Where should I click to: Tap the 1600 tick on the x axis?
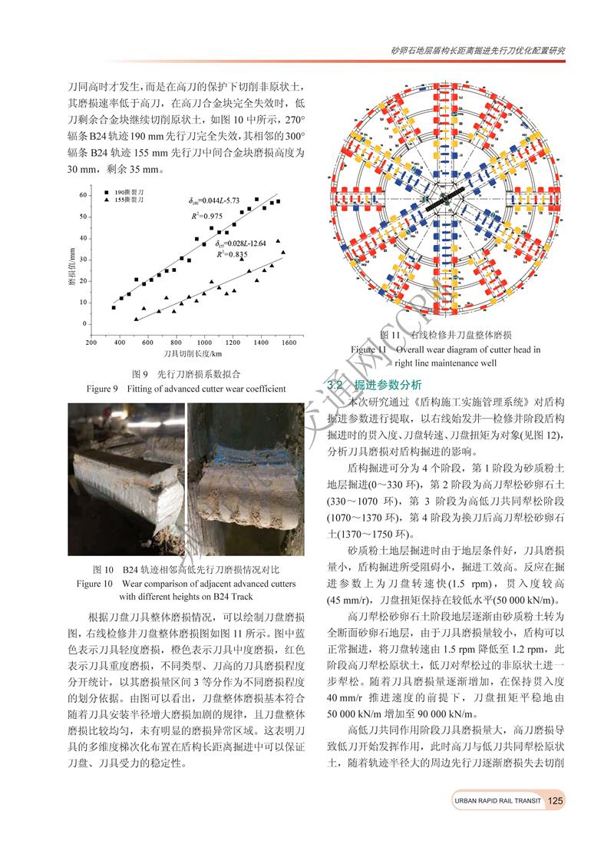[288, 343]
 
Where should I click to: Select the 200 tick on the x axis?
[91, 343]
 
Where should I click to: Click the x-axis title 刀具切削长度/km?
[192, 354]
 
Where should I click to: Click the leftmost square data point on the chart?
[114, 307]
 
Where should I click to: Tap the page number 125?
[556, 800]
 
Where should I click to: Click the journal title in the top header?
[477, 51]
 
